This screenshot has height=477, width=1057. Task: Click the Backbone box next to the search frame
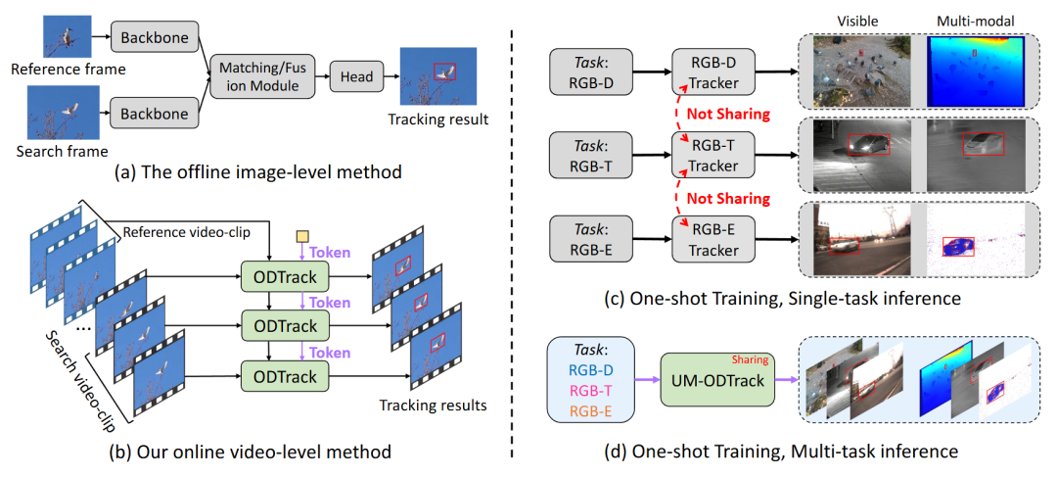154,114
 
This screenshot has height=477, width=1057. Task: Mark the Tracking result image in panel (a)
442,75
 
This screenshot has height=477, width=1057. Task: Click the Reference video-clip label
172,233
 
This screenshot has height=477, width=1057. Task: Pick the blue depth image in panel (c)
976,72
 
